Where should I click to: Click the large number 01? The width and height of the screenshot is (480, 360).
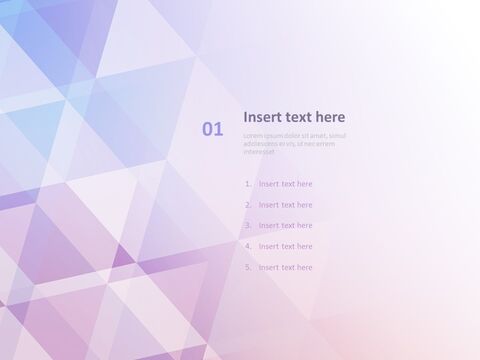point(213,128)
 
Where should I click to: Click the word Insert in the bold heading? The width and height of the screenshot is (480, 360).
point(262,117)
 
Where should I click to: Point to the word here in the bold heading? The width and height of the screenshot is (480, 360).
point(331,117)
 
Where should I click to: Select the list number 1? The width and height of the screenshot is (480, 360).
point(247,184)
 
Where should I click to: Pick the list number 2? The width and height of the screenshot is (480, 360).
point(247,205)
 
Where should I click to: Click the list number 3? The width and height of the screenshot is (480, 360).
point(247,226)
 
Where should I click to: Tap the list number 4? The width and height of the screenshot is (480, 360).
point(247,246)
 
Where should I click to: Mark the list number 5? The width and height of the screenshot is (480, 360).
point(247,267)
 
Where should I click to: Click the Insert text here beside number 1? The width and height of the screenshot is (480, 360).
point(285,184)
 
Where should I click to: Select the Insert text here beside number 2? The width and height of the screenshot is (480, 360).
point(285,205)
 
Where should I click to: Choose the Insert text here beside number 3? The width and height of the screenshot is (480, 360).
point(285,226)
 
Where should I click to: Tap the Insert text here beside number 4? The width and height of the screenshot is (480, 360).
point(285,246)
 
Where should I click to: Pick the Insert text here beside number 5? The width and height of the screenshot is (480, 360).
point(285,267)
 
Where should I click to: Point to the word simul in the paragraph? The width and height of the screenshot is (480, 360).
point(337,135)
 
